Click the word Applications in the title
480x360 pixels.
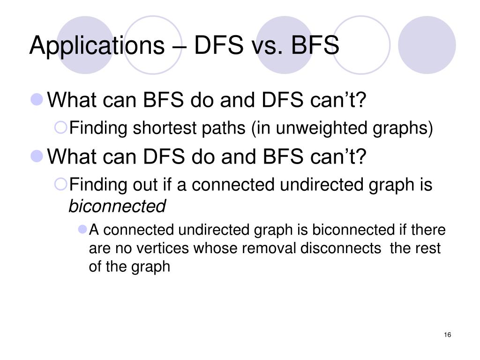click(94, 46)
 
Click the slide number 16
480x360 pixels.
click(447, 335)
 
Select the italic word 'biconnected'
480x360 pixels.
click(117, 206)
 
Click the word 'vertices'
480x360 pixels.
click(167, 248)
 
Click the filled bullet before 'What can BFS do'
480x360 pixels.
click(37, 99)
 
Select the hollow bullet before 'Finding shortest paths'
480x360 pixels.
click(62, 127)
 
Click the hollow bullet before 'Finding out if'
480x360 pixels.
click(62, 185)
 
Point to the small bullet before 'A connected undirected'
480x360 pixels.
click(83, 230)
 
